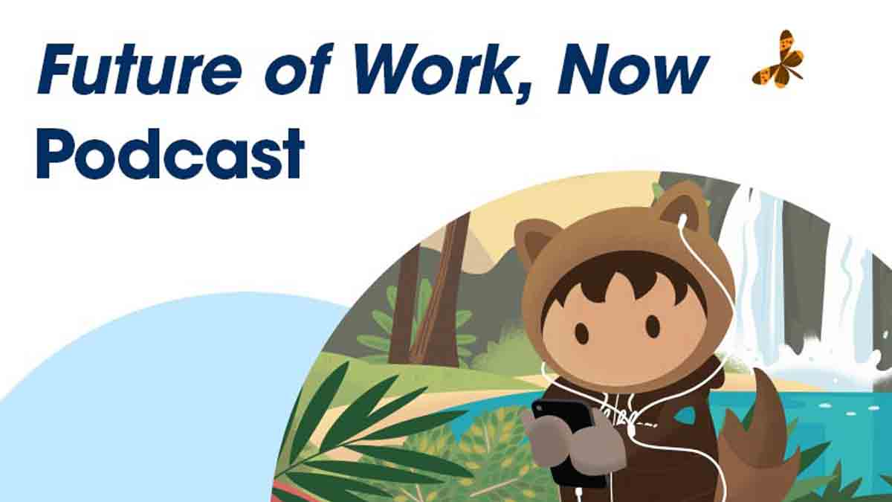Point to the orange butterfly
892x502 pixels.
pyautogui.click(x=778, y=59)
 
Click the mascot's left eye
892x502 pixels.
pyautogui.click(x=582, y=332)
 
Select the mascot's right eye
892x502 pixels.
pyautogui.click(x=653, y=326)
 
